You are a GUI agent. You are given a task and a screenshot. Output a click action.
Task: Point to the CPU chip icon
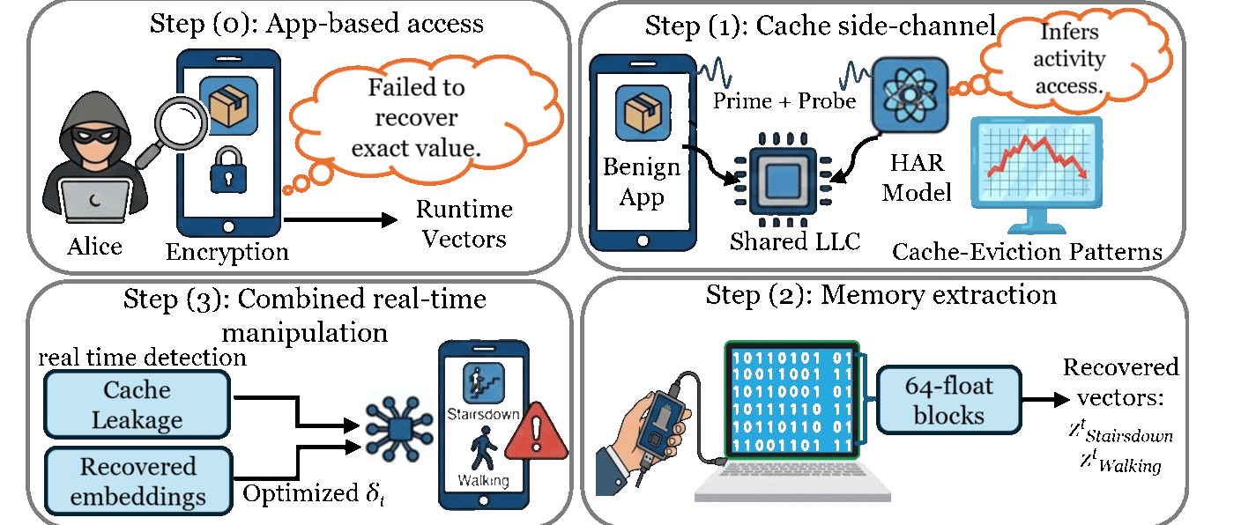pos(777,181)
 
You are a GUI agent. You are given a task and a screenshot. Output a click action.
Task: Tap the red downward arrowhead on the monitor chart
pos(1083,177)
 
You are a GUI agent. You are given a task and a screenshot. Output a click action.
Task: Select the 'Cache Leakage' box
pos(137,404)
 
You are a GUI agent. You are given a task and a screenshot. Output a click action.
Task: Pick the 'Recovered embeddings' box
pos(137,481)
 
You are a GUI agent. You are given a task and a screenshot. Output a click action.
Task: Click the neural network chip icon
pos(399,426)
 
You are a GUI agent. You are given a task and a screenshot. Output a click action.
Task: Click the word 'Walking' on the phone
pos(483,481)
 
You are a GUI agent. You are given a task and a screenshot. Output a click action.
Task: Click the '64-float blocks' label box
pos(948,401)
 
